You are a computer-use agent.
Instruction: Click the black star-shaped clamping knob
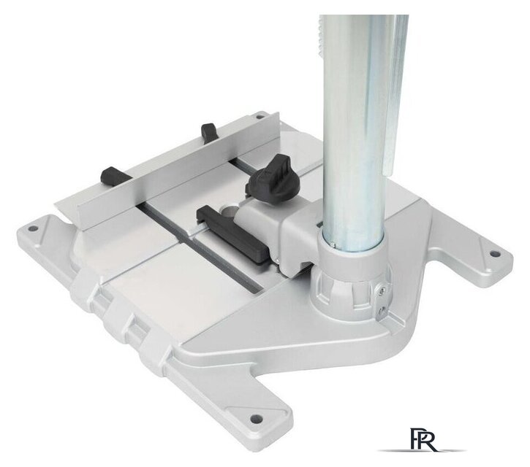273,178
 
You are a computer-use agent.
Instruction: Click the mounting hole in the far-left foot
32,228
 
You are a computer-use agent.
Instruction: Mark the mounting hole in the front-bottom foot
256,418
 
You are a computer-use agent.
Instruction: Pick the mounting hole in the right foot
494,254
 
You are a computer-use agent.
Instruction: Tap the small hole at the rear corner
260,117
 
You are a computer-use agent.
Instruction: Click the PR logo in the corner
423,439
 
